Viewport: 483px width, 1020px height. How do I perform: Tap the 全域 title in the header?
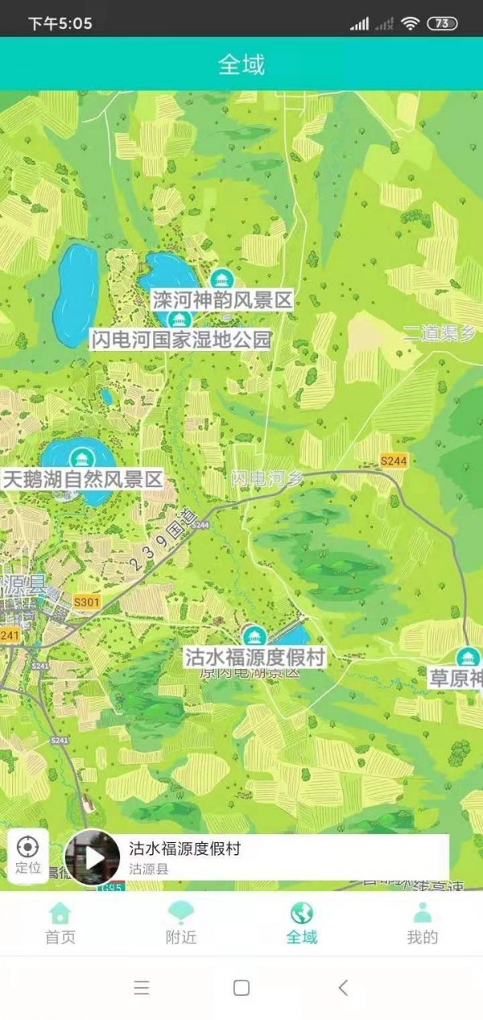point(241,64)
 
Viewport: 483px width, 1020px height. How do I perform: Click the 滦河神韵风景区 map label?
point(221,301)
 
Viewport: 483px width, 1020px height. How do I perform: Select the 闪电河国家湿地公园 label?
point(180,339)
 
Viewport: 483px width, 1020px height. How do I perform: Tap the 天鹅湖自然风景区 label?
point(83,480)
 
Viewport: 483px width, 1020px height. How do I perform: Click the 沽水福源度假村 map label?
point(254,657)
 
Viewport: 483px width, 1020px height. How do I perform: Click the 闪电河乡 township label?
point(268,477)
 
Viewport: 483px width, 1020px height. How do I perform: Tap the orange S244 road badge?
point(394,460)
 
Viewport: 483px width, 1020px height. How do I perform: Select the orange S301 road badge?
point(86,601)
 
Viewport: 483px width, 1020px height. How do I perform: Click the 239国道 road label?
point(163,542)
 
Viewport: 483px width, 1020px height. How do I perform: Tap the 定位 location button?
point(28,854)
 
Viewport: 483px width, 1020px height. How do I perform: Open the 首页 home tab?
point(60,923)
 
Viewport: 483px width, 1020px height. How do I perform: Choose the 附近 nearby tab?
point(181,923)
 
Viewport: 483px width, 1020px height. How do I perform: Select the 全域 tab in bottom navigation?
point(302,923)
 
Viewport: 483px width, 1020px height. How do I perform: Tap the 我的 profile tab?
point(423,923)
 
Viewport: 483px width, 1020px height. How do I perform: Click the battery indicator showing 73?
point(442,23)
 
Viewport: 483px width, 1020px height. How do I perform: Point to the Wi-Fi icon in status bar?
point(411,23)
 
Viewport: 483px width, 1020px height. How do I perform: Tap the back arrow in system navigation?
point(343,988)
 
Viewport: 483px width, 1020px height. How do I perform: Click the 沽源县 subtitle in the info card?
point(149,869)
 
